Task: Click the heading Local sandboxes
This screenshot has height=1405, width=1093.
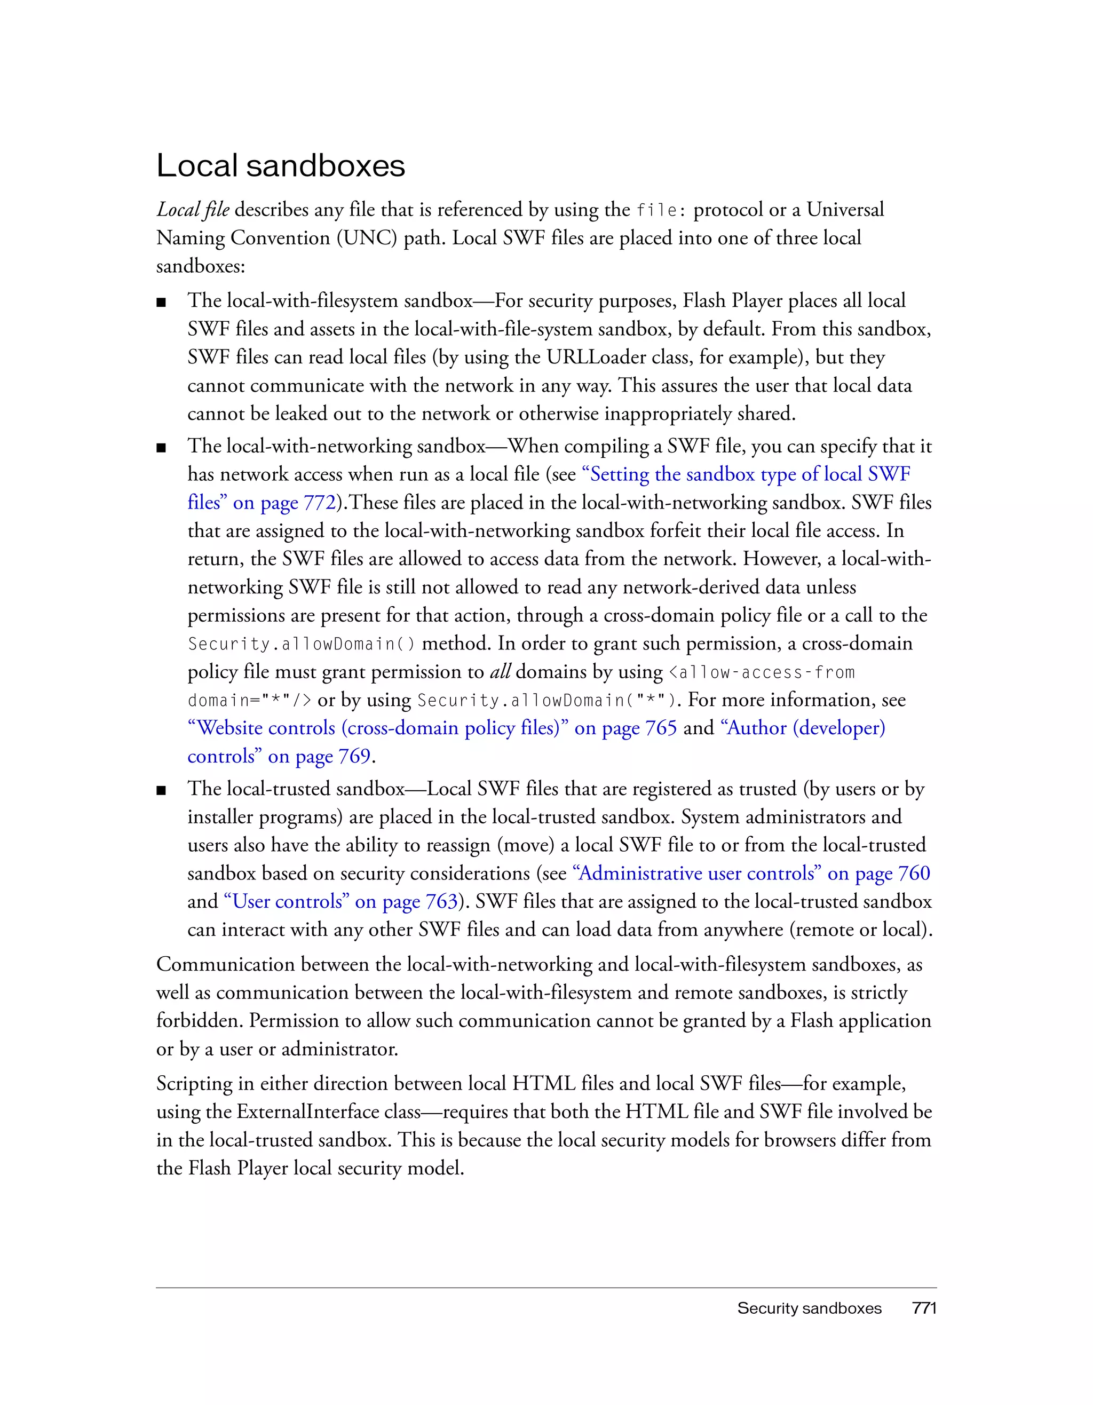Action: point(281,166)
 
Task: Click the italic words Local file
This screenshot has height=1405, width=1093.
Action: point(192,210)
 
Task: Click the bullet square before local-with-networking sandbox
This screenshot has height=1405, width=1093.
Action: point(162,448)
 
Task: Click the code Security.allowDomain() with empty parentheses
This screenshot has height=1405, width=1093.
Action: point(301,644)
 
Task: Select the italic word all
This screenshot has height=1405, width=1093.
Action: point(500,672)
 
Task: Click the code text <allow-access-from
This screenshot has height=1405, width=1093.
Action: point(762,673)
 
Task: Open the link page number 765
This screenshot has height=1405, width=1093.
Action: point(661,728)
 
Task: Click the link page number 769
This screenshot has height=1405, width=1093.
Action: point(354,757)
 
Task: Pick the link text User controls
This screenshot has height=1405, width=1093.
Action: point(287,902)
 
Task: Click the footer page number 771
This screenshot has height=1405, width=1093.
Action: point(924,1308)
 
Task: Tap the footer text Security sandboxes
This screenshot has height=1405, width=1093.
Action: point(809,1308)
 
